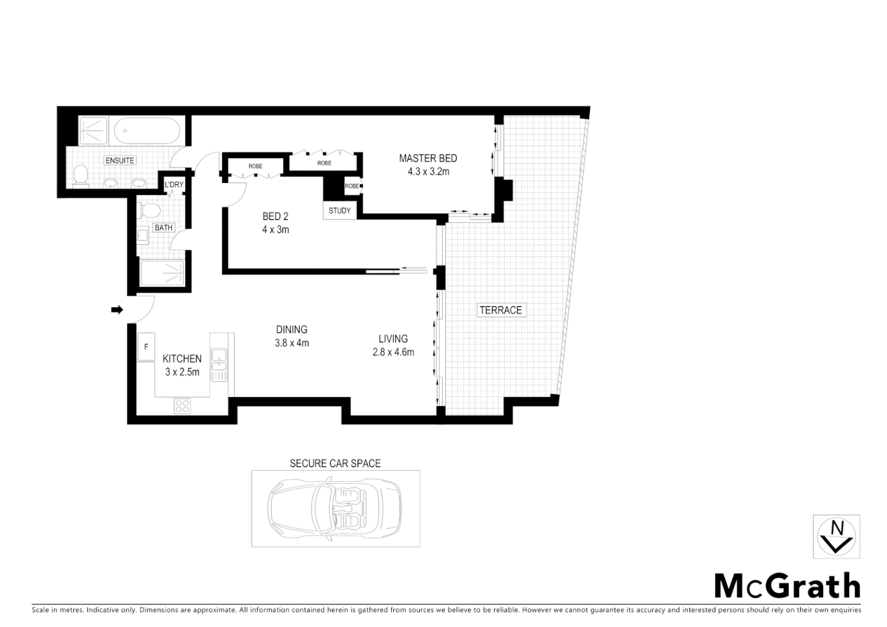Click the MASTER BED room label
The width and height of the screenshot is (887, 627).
tap(428, 158)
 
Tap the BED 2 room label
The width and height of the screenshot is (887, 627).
tap(275, 217)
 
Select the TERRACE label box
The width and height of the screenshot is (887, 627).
tap(500, 310)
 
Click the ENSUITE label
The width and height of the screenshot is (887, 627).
tap(120, 160)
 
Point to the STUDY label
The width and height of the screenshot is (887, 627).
tap(340, 210)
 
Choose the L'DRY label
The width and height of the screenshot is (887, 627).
tap(174, 185)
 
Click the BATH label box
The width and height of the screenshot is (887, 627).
tap(163, 228)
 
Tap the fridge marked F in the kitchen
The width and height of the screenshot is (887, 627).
tap(146, 347)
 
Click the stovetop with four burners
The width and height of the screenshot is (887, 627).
tap(182, 406)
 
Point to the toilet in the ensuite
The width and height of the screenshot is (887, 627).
tap(81, 175)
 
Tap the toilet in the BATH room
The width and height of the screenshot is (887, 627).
tap(151, 210)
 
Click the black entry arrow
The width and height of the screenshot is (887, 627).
tap(117, 310)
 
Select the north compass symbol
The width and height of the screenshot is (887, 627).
tap(836, 536)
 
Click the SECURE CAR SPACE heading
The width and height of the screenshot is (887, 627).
tap(335, 463)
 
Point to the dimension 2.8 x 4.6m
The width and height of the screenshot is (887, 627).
tap(393, 352)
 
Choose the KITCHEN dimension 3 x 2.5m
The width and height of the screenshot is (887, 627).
tap(182, 372)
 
